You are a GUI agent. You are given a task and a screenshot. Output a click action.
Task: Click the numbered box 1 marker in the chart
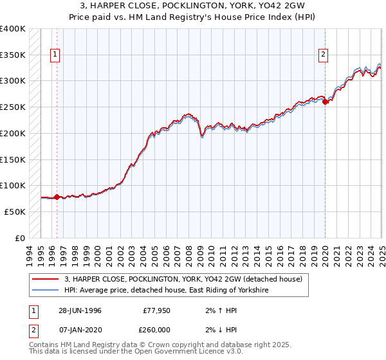point(56,55)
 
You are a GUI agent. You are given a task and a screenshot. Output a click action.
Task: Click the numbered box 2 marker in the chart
point(323,55)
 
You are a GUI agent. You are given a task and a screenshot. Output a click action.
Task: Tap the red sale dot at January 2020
point(326,102)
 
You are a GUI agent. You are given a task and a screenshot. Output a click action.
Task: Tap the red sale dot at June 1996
point(57,197)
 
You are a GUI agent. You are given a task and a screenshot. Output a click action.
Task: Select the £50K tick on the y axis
point(15,211)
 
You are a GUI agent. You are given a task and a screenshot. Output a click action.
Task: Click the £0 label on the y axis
point(21,237)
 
